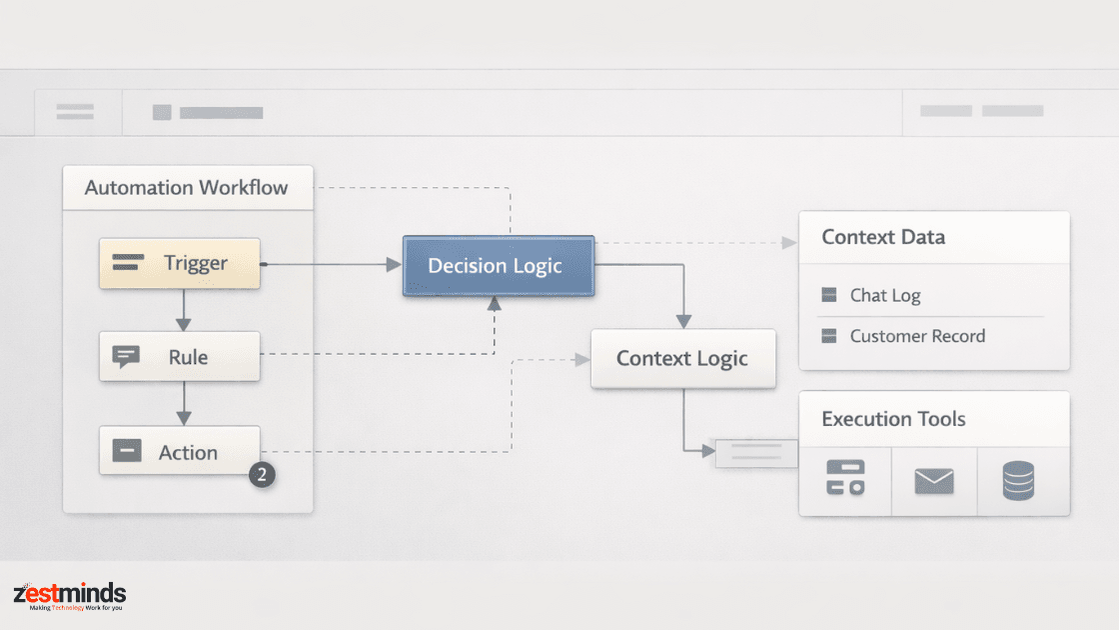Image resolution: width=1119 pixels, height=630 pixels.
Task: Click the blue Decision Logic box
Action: (x=499, y=266)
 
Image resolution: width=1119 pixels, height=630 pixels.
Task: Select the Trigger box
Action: (x=179, y=264)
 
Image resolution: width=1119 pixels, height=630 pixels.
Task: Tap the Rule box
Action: (x=179, y=356)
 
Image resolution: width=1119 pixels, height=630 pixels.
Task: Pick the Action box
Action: (x=179, y=451)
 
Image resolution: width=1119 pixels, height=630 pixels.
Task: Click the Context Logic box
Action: (x=683, y=359)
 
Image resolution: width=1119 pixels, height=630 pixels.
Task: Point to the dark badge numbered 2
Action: (x=262, y=475)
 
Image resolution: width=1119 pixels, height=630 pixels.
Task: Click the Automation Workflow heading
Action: (x=186, y=188)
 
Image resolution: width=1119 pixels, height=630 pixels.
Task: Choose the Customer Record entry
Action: (x=903, y=336)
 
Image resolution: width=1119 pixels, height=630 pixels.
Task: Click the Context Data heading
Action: (x=883, y=237)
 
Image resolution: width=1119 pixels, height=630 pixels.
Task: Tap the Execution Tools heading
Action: (x=893, y=419)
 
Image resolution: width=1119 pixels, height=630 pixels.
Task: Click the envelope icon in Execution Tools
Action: (x=934, y=481)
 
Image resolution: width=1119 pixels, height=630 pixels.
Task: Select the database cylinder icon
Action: (x=1018, y=480)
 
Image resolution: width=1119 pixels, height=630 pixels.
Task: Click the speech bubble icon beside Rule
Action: (x=126, y=356)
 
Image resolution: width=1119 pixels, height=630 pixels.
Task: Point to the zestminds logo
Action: (x=69, y=596)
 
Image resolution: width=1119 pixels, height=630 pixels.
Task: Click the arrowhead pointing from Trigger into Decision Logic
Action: (x=394, y=264)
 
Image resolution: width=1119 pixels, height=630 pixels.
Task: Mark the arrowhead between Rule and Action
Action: (x=184, y=419)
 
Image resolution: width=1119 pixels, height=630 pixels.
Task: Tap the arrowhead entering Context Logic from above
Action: (x=683, y=322)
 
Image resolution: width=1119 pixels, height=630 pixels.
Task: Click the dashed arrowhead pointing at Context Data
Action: (x=789, y=243)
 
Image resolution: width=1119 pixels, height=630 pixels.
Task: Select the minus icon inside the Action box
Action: (x=127, y=451)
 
